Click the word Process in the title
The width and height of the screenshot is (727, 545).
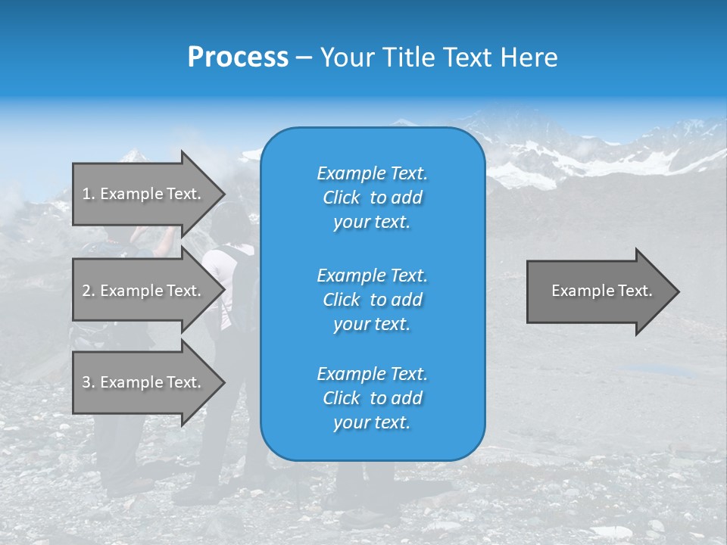tap(238, 58)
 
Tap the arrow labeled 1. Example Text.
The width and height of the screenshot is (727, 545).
tap(142, 194)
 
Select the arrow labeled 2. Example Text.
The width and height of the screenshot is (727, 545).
tap(142, 291)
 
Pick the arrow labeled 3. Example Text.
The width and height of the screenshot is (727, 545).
tap(142, 382)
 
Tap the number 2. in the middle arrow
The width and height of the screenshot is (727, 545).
tap(89, 291)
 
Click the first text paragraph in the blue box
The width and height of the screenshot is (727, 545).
tap(372, 198)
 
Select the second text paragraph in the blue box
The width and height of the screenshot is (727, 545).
tap(372, 299)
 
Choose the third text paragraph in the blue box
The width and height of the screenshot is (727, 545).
tap(372, 398)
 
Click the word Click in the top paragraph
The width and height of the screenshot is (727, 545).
tap(342, 198)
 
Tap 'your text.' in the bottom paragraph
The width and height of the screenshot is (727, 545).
tap(372, 422)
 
